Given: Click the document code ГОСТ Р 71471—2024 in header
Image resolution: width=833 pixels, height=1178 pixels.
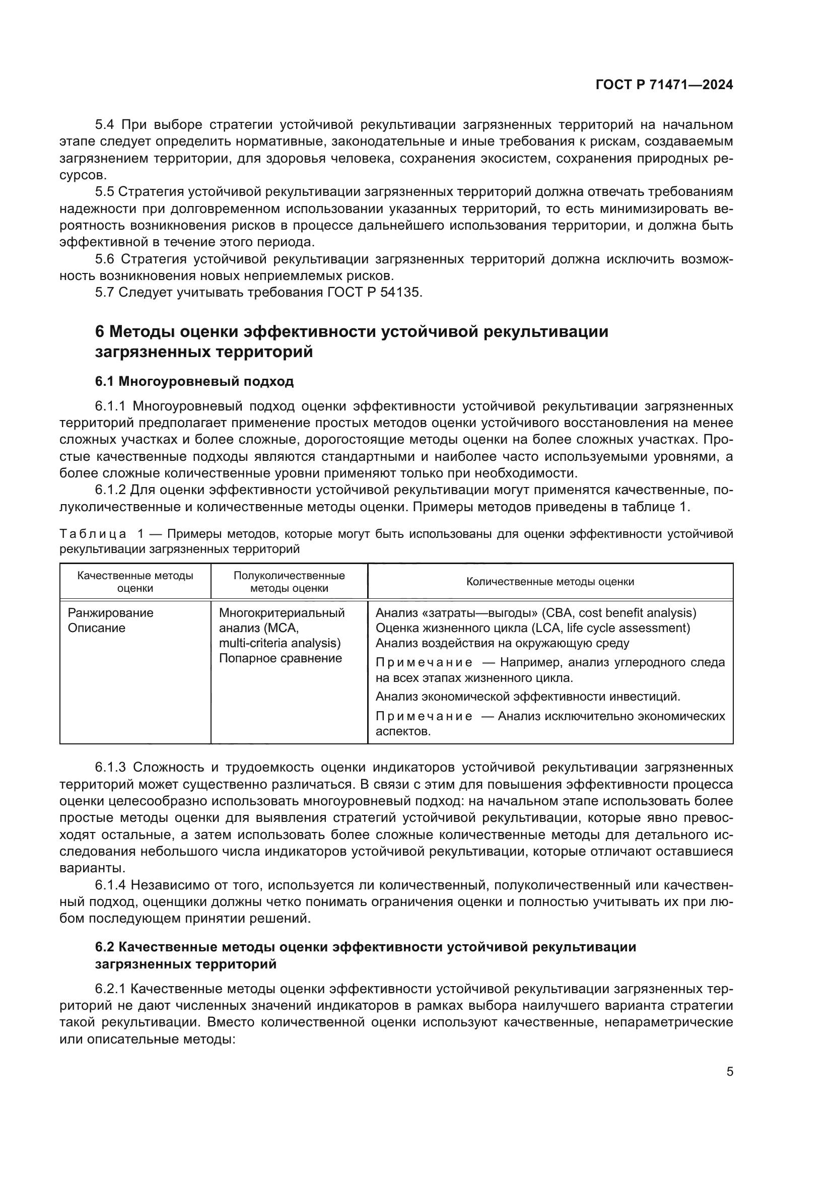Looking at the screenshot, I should click(x=664, y=85).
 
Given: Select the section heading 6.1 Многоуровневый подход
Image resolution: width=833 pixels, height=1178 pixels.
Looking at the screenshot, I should click(x=194, y=381).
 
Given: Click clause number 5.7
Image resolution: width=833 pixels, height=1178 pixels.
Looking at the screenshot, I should click(x=105, y=293).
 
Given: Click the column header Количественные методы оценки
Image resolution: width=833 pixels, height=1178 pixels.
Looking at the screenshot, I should click(x=550, y=581).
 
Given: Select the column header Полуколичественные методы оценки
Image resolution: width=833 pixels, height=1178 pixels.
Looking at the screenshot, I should click(x=289, y=581).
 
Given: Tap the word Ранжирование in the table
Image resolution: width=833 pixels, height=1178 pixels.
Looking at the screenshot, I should click(x=110, y=612).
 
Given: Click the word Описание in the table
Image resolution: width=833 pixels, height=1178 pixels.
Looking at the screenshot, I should click(x=96, y=628).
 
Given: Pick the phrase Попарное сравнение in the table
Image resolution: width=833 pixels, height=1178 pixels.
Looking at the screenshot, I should click(x=280, y=658).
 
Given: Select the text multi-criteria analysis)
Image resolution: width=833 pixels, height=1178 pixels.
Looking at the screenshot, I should click(x=280, y=643).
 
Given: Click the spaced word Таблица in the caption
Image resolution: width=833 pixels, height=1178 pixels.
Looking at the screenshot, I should click(x=93, y=533).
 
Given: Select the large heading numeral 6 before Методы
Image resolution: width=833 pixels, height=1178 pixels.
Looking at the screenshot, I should click(x=100, y=332).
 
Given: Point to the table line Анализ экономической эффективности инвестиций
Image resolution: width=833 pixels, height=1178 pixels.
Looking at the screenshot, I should click(x=528, y=696).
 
